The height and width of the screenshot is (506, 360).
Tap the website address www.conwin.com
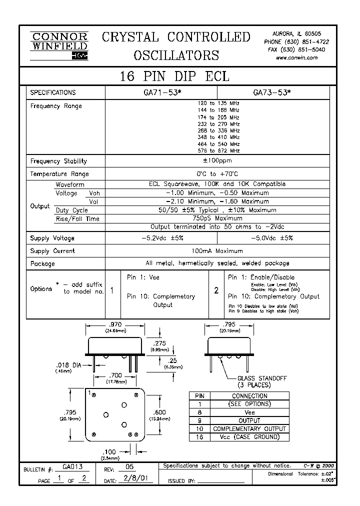click(296, 58)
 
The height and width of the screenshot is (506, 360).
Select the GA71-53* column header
click(160, 92)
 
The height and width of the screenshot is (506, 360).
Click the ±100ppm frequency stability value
click(217, 161)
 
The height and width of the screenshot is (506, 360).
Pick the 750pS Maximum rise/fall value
click(217, 218)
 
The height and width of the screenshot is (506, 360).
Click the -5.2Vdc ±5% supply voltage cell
click(161, 238)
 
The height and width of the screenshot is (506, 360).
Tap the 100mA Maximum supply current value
click(217, 251)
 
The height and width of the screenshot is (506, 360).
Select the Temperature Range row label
click(59, 174)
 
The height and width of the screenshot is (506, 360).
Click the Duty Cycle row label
click(71, 210)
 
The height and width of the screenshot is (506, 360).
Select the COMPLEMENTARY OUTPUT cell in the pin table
click(249, 429)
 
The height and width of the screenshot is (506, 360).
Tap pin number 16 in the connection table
click(199, 437)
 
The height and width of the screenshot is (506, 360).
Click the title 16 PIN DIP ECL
click(174, 76)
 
